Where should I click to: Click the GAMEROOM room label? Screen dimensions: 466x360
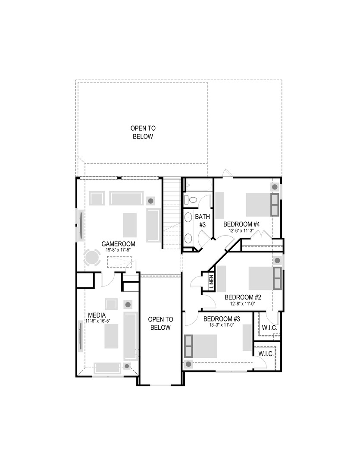[119, 244]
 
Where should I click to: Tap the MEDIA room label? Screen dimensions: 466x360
[97, 315]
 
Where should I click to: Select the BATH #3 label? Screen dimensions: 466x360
[202, 220]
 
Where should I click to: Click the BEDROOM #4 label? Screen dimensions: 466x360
[241, 224]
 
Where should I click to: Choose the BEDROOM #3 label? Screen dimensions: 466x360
[221, 319]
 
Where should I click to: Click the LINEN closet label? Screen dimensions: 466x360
[211, 281]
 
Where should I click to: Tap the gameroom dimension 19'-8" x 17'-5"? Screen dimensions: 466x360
[119, 250]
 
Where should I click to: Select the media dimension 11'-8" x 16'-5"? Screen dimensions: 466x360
[97, 321]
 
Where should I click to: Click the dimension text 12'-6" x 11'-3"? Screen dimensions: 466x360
[241, 230]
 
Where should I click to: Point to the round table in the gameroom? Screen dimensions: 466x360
[92, 258]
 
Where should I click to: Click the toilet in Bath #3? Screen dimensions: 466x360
[191, 200]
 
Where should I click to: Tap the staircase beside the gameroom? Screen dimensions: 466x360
[171, 211]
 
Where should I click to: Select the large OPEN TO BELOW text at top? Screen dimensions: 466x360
[143, 132]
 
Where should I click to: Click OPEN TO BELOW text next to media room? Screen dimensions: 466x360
[160, 323]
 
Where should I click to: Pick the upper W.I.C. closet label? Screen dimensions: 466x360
[269, 328]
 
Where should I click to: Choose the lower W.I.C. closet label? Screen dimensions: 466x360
[266, 353]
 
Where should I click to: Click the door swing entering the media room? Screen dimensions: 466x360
[106, 280]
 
